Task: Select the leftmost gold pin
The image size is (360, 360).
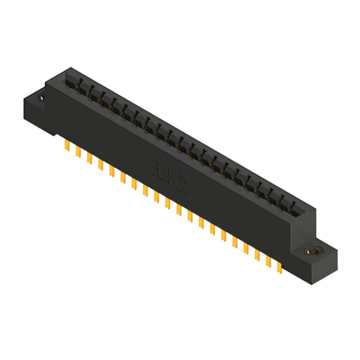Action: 67,146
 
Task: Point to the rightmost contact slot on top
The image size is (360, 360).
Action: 292,210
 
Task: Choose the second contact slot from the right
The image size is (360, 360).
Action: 281,204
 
